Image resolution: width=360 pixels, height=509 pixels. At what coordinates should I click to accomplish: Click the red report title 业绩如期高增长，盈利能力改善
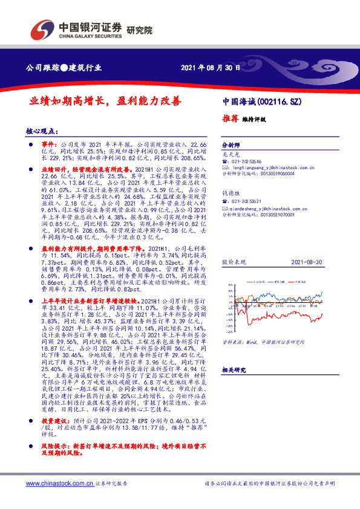pyautogui.click(x=106, y=102)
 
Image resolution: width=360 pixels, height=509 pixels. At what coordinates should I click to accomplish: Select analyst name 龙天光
pyautogui.click(x=228, y=155)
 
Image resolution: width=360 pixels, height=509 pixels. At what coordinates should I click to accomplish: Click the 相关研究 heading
pyautogui.click(x=234, y=369)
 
